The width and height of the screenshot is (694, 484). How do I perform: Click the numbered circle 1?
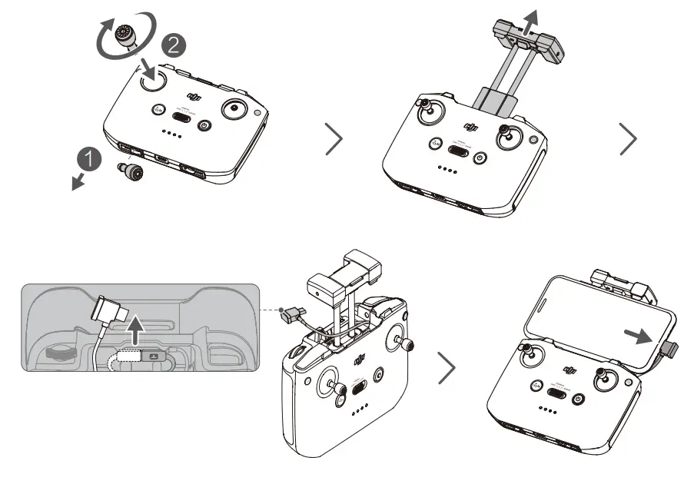pyautogui.click(x=91, y=159)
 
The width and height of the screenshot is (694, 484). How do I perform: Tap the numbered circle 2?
pyautogui.click(x=174, y=45)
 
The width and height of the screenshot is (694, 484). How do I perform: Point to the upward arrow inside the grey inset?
pyautogui.click(x=136, y=330)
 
